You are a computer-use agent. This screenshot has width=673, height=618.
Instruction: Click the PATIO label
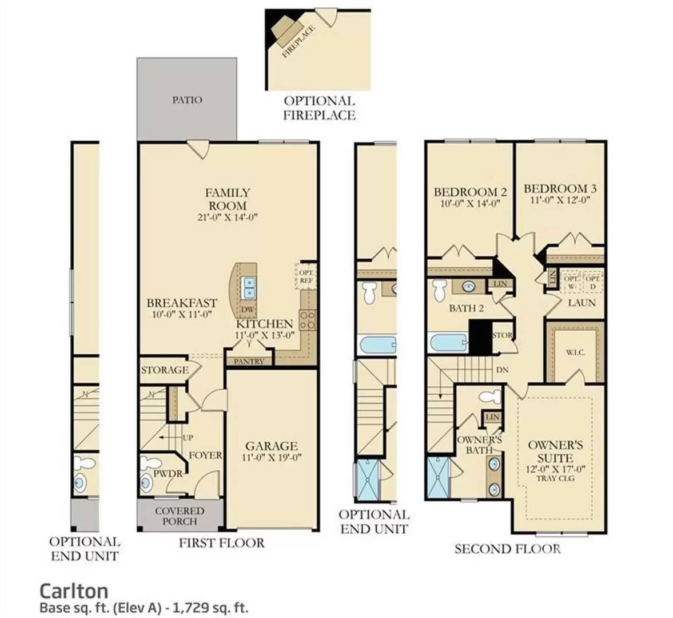click(x=187, y=100)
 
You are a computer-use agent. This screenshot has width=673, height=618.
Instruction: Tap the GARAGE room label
click(x=272, y=446)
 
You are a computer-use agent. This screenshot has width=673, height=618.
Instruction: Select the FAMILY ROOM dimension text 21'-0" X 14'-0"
click(x=228, y=217)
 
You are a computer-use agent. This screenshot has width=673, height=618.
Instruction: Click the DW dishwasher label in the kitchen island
click(x=248, y=310)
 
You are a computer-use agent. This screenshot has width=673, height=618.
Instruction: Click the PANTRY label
click(x=249, y=361)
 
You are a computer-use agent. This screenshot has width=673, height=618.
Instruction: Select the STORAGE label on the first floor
click(x=165, y=370)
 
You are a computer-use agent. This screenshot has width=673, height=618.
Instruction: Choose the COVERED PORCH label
click(x=180, y=516)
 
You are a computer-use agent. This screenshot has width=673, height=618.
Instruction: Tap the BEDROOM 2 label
click(x=471, y=192)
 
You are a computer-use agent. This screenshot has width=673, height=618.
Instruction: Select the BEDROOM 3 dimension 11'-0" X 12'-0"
click(x=556, y=200)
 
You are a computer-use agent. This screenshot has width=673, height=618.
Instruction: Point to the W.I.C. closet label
click(x=575, y=352)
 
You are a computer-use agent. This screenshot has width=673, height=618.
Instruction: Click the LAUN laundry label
click(x=582, y=303)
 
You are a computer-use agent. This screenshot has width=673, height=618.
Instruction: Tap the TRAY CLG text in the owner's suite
click(x=555, y=478)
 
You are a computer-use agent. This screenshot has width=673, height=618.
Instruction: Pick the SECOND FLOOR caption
click(x=507, y=549)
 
